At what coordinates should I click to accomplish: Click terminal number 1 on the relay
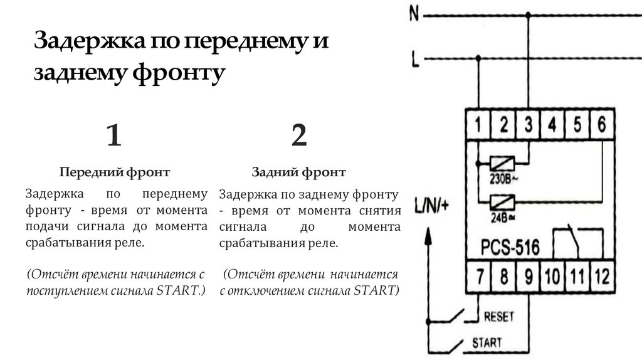click(x=478, y=124)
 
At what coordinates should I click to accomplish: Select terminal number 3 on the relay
click(x=529, y=124)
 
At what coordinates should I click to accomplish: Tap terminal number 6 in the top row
click(x=601, y=124)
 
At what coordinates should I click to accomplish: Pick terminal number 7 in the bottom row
click(x=480, y=277)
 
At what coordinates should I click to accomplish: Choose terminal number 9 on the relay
click(x=529, y=277)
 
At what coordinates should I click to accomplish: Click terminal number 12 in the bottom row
click(x=601, y=277)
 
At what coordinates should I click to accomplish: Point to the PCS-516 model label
click(x=510, y=247)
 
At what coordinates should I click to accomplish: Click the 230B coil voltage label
click(x=503, y=179)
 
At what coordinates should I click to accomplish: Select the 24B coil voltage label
click(x=503, y=218)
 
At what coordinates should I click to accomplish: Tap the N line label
click(x=414, y=14)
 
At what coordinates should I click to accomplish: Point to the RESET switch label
click(x=498, y=317)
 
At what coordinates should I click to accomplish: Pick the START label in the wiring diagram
click(x=487, y=342)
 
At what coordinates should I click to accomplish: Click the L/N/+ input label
click(x=431, y=205)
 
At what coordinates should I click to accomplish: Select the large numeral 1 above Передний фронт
click(x=114, y=135)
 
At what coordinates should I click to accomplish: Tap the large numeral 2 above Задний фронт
click(x=299, y=135)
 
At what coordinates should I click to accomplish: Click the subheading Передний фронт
click(x=115, y=172)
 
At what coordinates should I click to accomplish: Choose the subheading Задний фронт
click(x=298, y=172)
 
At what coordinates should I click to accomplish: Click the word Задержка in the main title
click(x=90, y=41)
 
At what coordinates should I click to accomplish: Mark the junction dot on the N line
click(x=528, y=15)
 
